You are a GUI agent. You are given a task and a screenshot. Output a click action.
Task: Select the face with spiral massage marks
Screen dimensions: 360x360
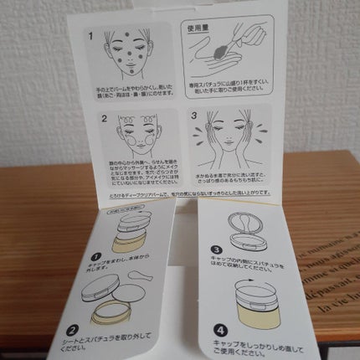[135, 138]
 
